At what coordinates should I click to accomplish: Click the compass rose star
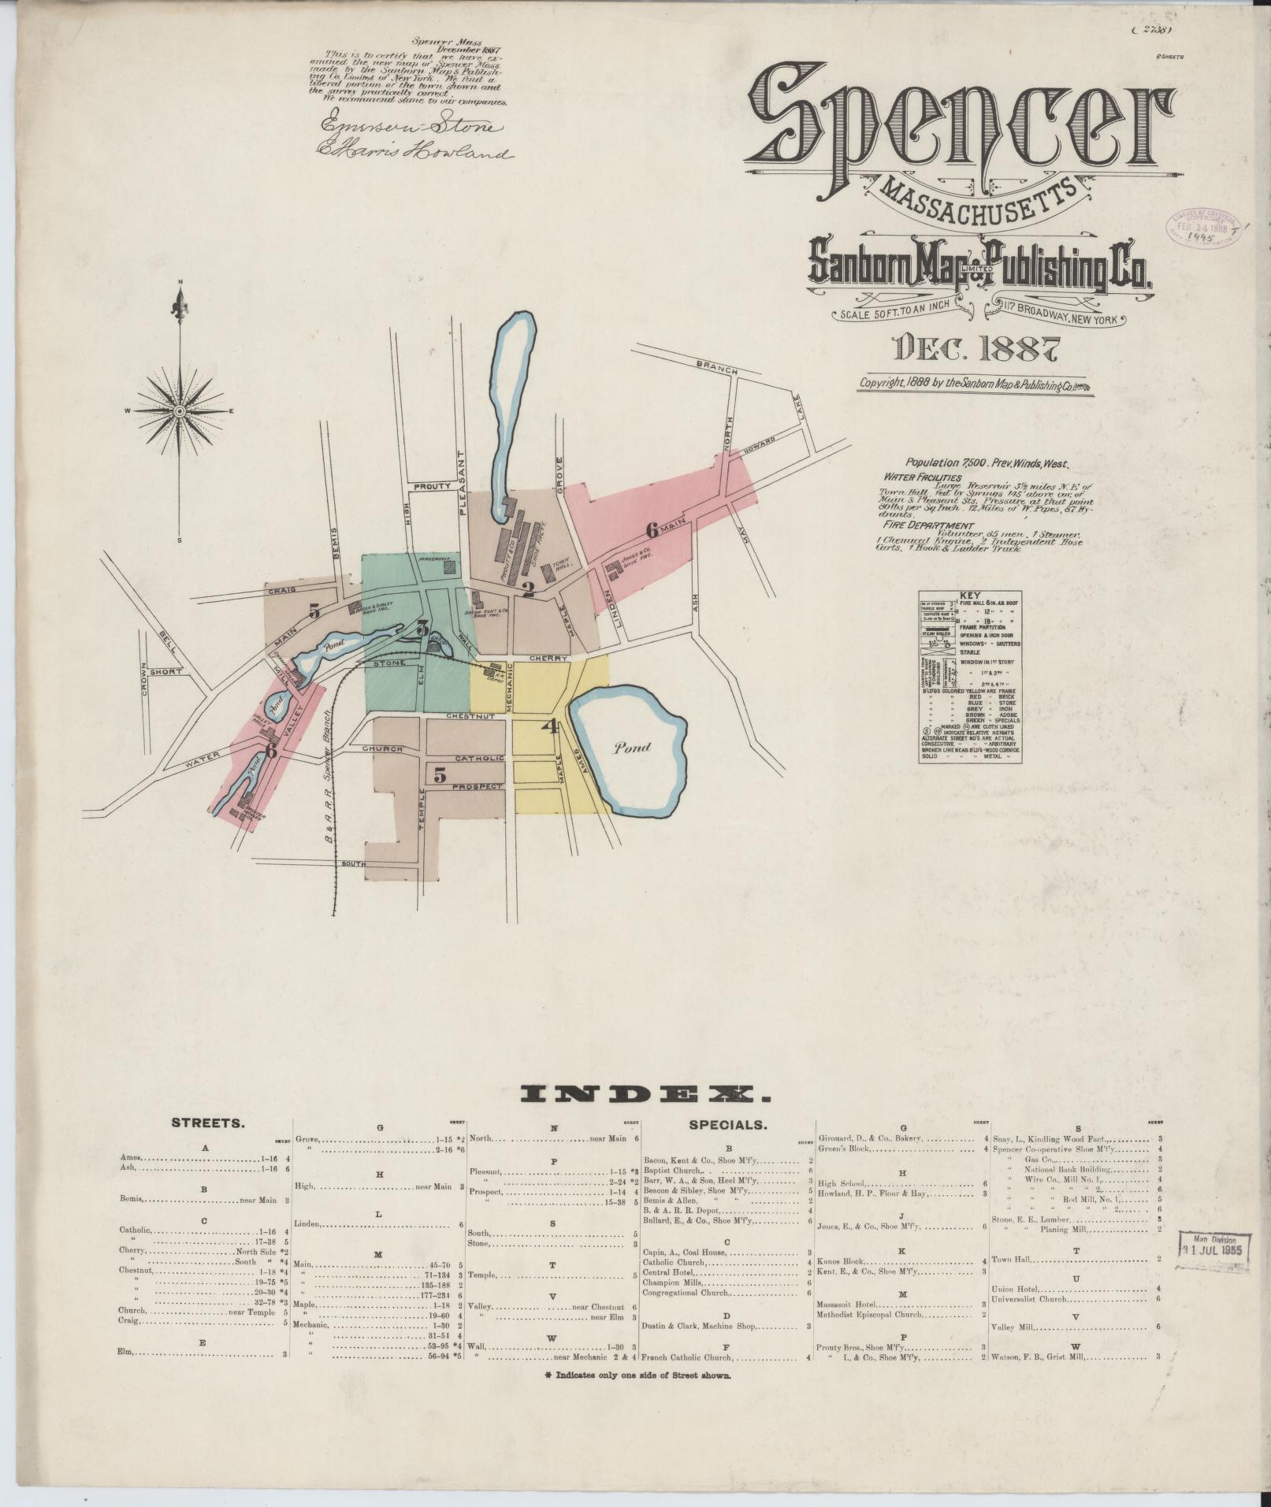tap(181, 411)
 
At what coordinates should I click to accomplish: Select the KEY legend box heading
tap(969, 597)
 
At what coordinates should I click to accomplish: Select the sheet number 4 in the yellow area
tap(551, 727)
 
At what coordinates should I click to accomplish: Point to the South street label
tap(355, 864)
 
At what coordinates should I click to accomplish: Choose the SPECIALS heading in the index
tap(727, 1125)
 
